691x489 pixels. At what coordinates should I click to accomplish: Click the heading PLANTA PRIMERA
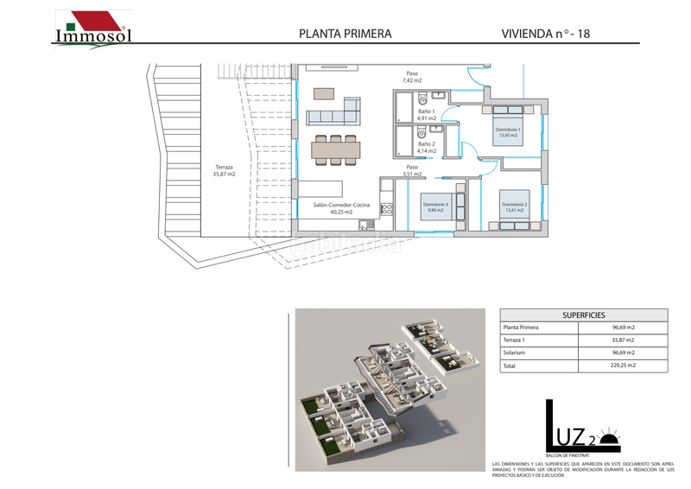coord(345,34)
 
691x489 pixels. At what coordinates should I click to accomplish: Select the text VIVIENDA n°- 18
coord(545,34)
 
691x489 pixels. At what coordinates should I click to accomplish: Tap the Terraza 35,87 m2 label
coord(224,170)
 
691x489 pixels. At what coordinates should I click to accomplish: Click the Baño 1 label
coord(427,116)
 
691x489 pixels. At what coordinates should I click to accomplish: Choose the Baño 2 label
coord(427,148)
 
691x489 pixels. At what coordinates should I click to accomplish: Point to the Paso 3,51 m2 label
coord(412,170)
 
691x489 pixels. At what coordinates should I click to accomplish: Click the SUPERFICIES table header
coord(585,315)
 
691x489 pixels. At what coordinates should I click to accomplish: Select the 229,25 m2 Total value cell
coord(623,366)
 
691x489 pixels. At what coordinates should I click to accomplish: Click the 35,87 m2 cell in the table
coord(623,340)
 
